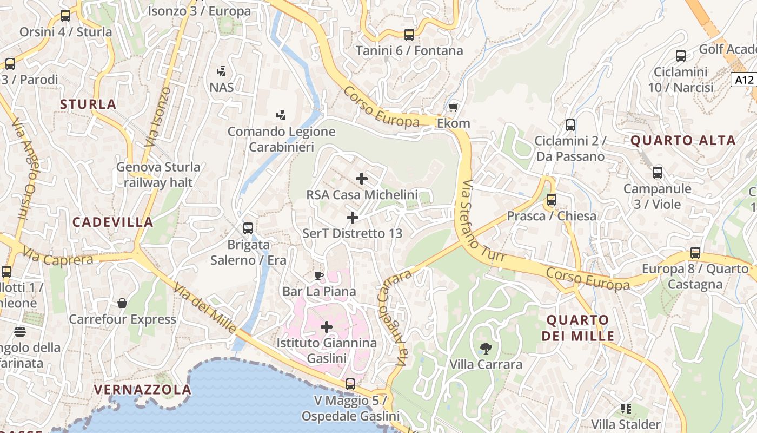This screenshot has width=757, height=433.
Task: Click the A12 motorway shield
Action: (743, 80)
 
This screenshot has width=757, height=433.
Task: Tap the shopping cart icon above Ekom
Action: (453, 107)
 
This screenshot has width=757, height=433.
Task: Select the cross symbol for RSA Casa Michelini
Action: (362, 178)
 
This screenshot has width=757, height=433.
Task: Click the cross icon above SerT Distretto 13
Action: (352, 218)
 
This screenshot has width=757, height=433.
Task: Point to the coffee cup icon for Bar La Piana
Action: (319, 275)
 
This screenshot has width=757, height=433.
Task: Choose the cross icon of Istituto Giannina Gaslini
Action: (327, 326)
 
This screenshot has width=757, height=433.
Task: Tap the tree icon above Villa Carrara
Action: (486, 348)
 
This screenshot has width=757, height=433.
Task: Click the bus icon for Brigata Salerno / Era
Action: (248, 228)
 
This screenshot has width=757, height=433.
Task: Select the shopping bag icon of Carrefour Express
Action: (122, 303)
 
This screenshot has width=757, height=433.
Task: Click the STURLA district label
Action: (88, 104)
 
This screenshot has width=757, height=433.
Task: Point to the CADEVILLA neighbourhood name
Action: (113, 222)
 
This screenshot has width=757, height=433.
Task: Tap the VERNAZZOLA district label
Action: (143, 390)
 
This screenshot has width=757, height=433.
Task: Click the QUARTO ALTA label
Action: (683, 141)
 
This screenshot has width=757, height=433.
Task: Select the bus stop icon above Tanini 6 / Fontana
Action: (409, 35)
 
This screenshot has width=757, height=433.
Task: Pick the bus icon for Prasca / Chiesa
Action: (551, 200)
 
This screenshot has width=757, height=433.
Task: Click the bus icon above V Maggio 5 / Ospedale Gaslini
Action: (350, 384)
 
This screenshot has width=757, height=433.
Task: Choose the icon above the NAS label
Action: (221, 71)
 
